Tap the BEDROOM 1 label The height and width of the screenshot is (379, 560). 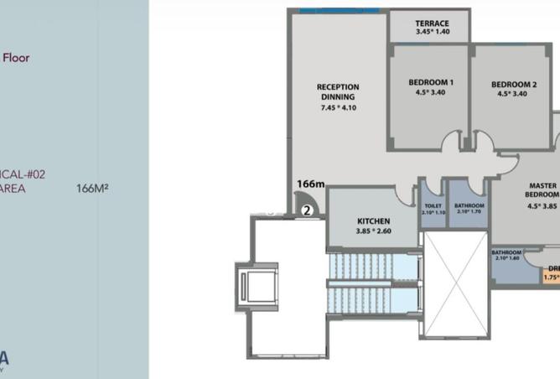coord(431,82)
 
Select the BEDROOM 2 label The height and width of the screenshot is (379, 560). coord(513,84)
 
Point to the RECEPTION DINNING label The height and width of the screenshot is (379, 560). coord(338,91)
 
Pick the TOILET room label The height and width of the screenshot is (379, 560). coord(433,205)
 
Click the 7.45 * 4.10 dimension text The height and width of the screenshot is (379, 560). coord(338,107)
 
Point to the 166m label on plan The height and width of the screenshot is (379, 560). coord(310,184)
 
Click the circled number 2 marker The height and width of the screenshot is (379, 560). coord(308,210)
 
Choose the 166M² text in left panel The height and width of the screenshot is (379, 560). coord(92,189)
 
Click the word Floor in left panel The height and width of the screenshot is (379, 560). coord(17,58)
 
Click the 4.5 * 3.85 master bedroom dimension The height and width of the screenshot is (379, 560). coord(543,206)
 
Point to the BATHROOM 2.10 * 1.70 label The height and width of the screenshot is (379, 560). coord(469,208)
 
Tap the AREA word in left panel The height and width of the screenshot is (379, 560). coord(13,189)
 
